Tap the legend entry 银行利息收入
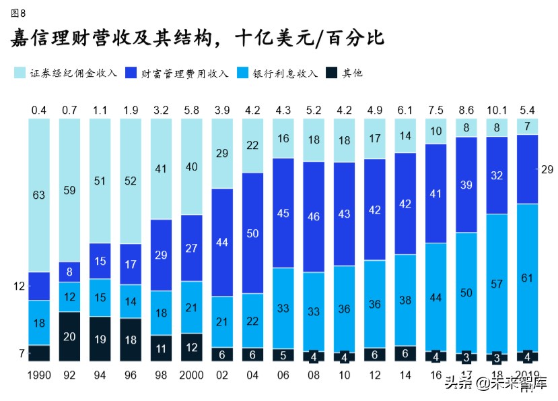(x=282, y=73)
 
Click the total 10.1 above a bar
(x=497, y=110)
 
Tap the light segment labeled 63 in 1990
(x=38, y=195)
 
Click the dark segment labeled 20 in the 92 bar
(x=69, y=337)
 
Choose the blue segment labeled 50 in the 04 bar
(x=252, y=233)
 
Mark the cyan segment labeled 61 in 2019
(x=527, y=278)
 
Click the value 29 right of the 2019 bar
(x=547, y=170)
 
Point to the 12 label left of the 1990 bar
(x=18, y=286)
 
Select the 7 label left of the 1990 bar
(x=22, y=353)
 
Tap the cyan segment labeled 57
(x=497, y=283)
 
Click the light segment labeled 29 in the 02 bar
(x=222, y=154)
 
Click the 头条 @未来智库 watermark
(x=495, y=383)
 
